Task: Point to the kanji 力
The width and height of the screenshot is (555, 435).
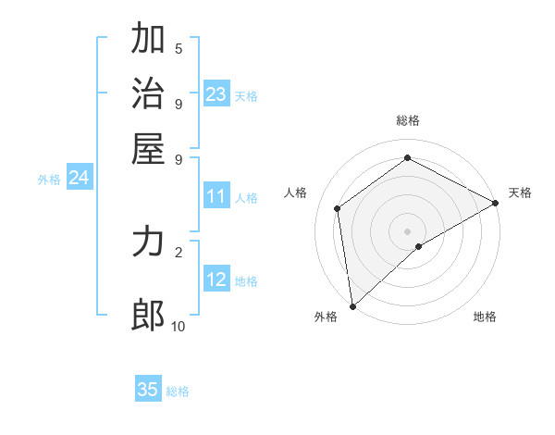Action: tap(149, 243)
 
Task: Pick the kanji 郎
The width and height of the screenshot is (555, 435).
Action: tap(149, 316)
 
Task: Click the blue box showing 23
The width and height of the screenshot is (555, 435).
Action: tap(216, 94)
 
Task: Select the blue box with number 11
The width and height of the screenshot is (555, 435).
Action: tap(216, 196)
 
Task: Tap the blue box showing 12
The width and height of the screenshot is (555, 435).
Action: tap(216, 280)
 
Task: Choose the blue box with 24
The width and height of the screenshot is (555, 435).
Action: tap(79, 179)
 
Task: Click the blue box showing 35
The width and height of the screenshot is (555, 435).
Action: tap(148, 390)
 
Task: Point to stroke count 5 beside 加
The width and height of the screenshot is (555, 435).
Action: tap(179, 49)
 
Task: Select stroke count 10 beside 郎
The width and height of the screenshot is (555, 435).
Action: tap(179, 326)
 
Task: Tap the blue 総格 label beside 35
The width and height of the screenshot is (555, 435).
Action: tap(178, 391)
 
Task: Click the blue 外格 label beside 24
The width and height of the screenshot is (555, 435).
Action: tap(49, 180)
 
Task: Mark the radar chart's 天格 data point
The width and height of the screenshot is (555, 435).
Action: tap(496, 204)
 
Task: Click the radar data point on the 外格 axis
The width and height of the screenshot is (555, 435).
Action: tap(352, 305)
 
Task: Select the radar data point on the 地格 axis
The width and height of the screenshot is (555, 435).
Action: tap(419, 246)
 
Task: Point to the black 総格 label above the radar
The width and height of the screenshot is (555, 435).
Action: tap(408, 120)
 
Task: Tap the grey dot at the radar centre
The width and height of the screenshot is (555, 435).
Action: tap(408, 230)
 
